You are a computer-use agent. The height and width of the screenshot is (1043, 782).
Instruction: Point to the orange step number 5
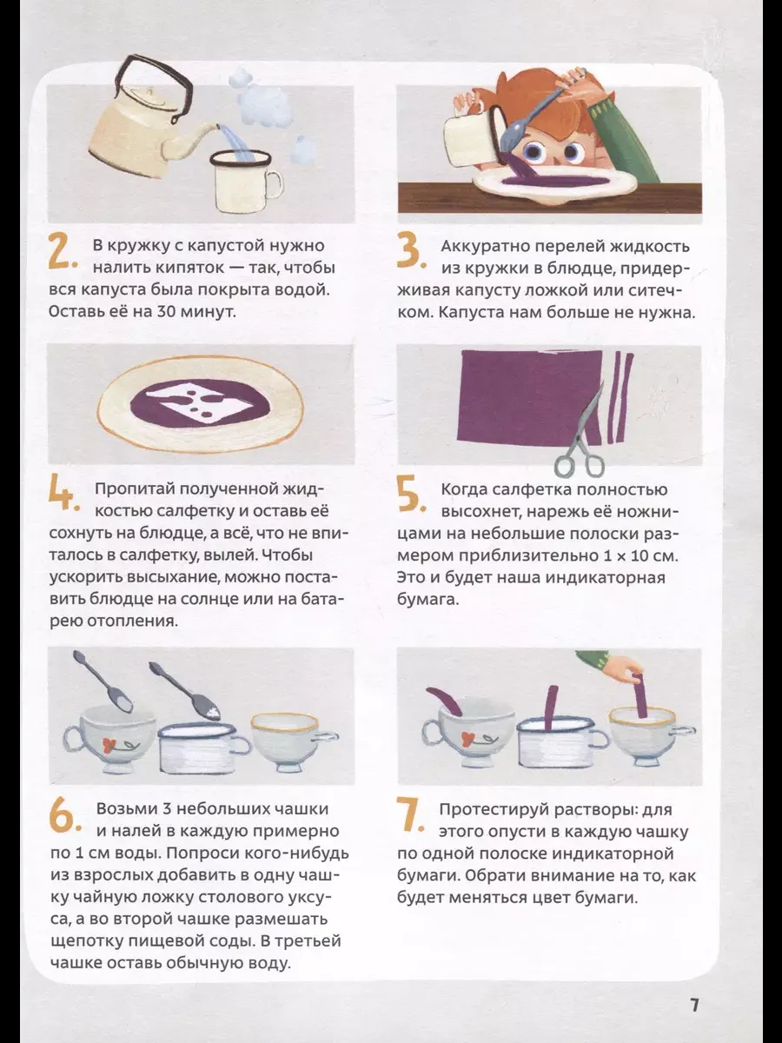click(x=411, y=495)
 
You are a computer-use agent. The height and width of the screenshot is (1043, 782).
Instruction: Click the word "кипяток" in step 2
click(x=183, y=269)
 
